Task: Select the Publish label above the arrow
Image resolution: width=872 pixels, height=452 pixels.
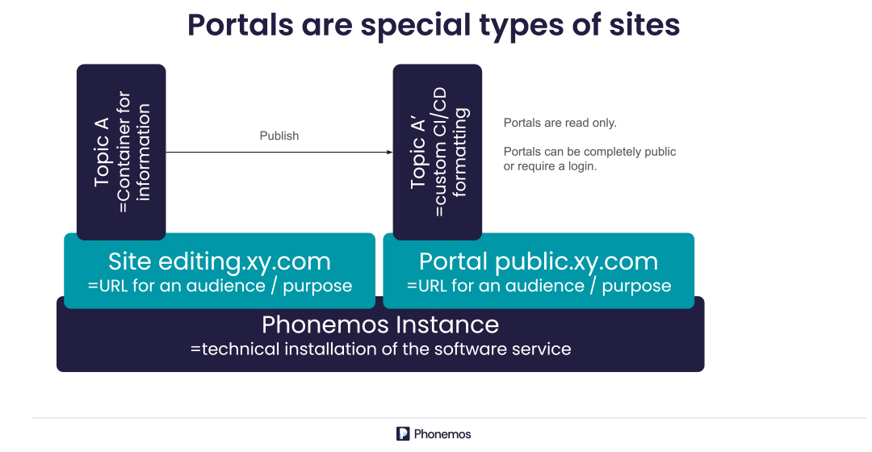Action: click(279, 136)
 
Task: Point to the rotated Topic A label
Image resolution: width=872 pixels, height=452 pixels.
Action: click(102, 152)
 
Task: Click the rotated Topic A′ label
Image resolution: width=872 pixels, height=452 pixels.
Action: click(417, 152)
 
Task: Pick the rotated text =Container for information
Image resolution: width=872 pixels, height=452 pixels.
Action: click(133, 153)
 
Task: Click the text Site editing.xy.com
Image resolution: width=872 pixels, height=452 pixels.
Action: click(220, 262)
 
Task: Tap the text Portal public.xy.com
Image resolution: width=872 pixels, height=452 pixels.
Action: click(539, 262)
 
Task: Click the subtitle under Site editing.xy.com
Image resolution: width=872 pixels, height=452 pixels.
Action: click(220, 286)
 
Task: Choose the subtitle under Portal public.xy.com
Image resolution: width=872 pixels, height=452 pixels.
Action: click(539, 286)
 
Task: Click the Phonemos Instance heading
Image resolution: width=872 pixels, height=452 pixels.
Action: click(380, 324)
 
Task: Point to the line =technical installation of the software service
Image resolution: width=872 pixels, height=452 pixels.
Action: click(380, 349)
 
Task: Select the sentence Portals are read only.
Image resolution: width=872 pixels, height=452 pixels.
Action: click(560, 123)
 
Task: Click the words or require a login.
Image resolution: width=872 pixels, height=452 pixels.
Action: click(550, 166)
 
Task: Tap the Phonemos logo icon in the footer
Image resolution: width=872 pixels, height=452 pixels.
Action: click(403, 433)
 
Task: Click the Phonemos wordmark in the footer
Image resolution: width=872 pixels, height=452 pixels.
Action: click(442, 433)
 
